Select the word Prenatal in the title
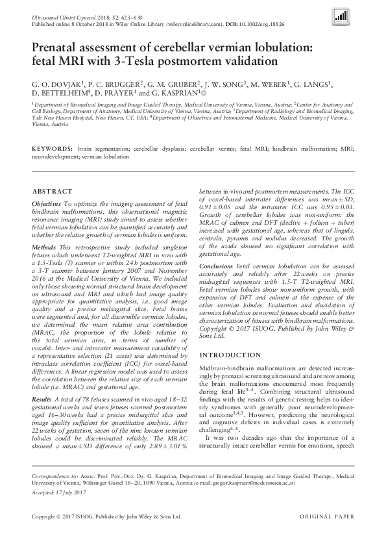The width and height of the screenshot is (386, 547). point(57,47)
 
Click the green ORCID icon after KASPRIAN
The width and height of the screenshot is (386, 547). point(207,93)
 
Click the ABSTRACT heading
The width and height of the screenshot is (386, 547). point(52,192)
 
